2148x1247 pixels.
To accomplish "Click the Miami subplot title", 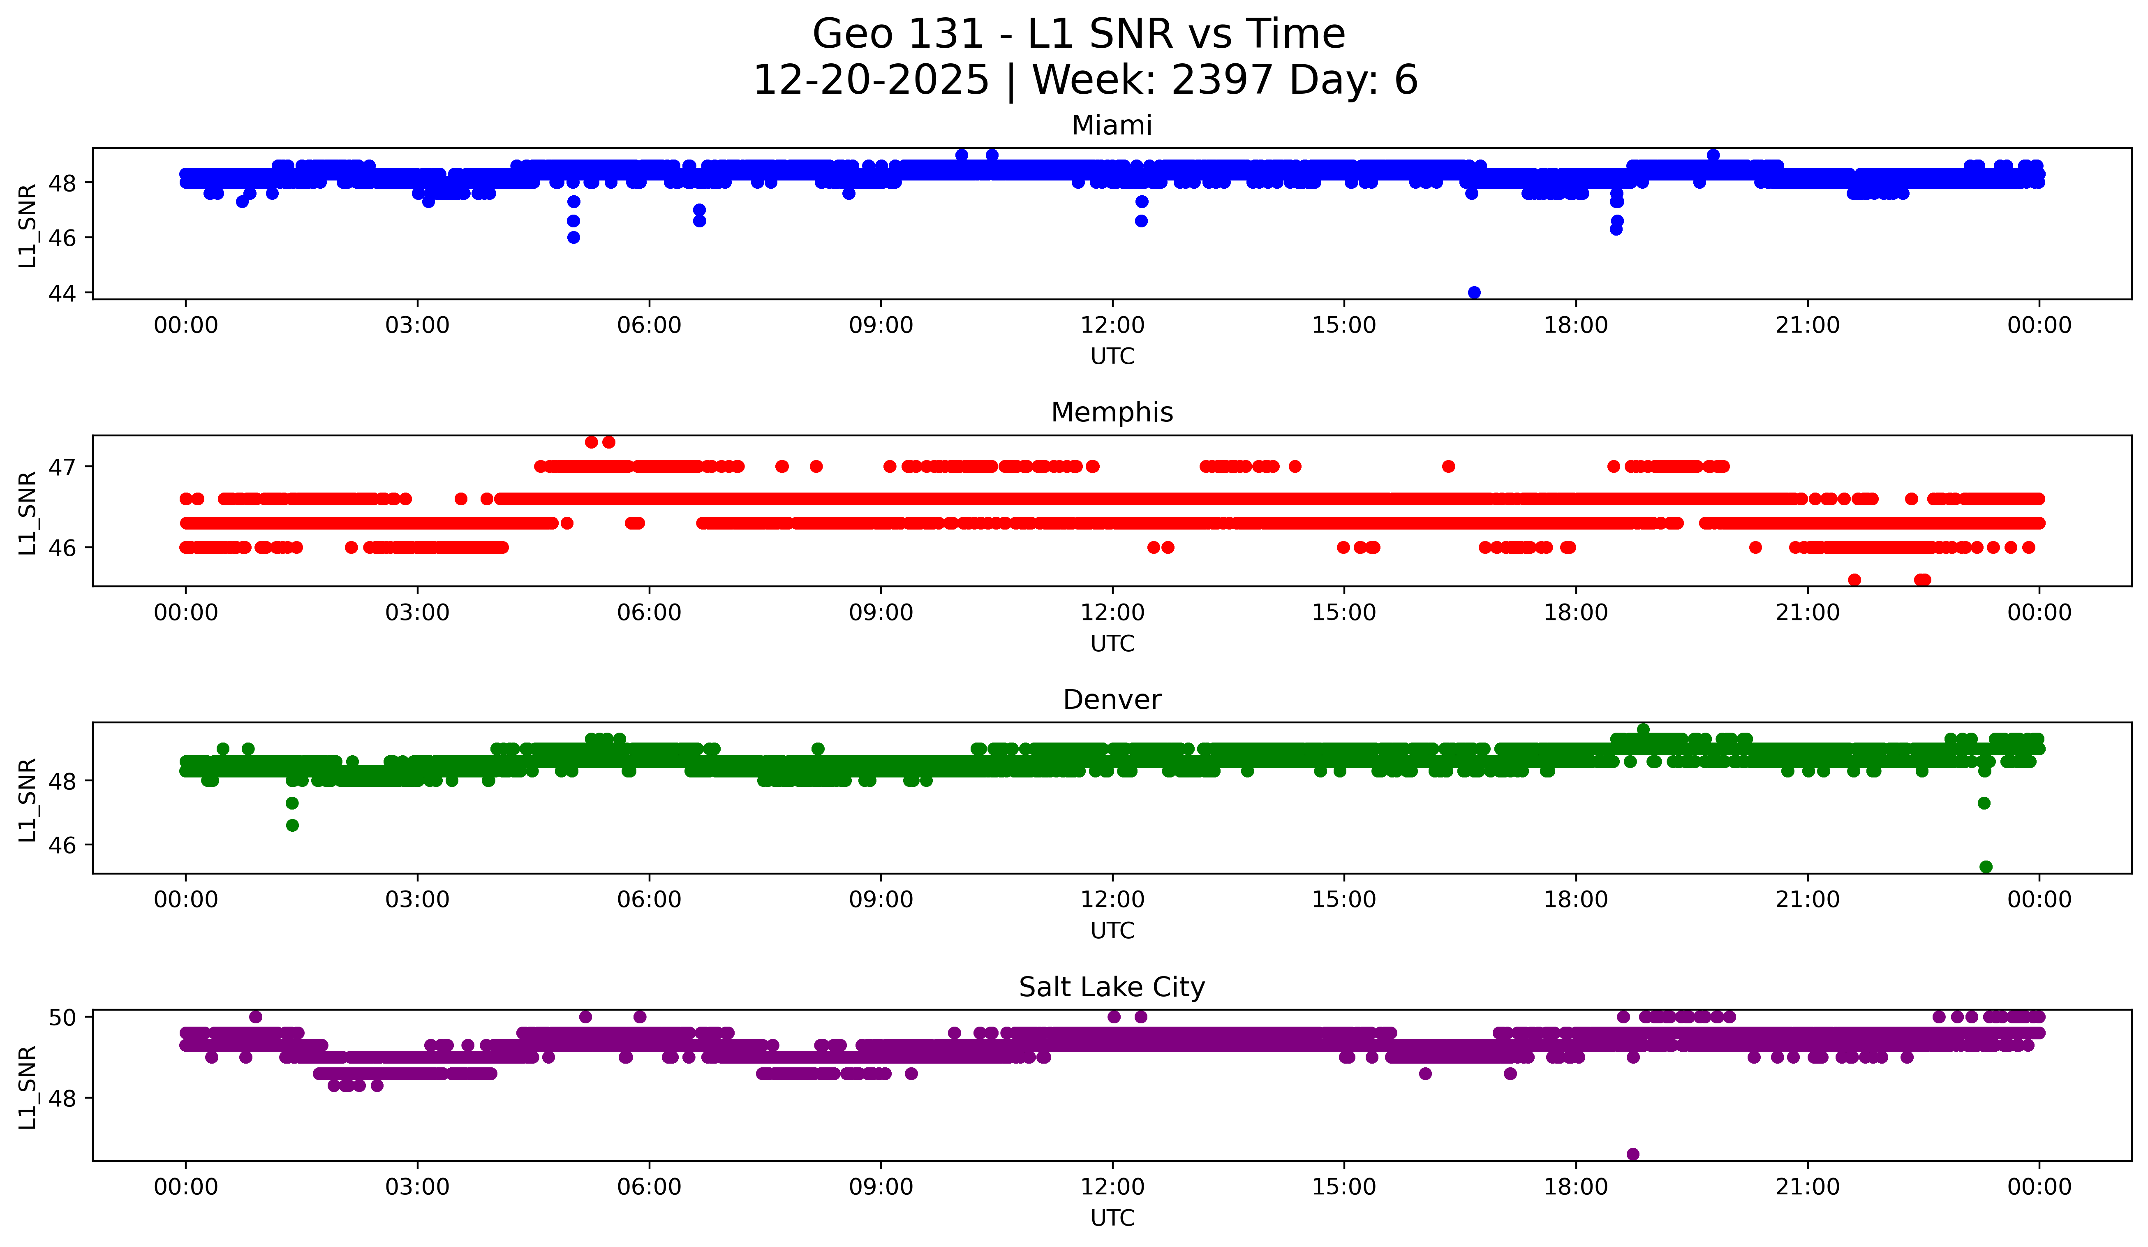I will [x=1112, y=125].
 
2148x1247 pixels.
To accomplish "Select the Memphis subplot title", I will [x=1112, y=412].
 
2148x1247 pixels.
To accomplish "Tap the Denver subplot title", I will [x=1112, y=700].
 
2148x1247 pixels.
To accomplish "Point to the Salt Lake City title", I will [x=1112, y=987].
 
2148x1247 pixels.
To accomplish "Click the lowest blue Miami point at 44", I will [x=1474, y=292].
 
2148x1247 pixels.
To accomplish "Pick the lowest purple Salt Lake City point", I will [x=1632, y=1154].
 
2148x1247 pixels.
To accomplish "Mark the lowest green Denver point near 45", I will [x=1985, y=867].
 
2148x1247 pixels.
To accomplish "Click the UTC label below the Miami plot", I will [x=1112, y=356].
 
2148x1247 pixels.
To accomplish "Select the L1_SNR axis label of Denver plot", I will [x=27, y=800].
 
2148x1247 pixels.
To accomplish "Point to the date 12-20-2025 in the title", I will [x=871, y=80].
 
